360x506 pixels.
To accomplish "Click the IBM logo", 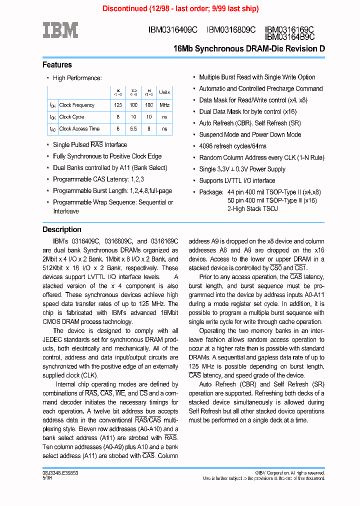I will point(60,30).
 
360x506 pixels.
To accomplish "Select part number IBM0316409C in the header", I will point(173,30).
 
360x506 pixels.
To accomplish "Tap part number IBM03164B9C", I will point(289,37).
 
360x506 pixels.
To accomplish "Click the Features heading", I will point(57,65).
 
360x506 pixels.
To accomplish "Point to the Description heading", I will point(62,229).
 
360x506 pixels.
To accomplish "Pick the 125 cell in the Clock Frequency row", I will point(118,105).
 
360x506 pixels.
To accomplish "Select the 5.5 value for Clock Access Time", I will point(133,128).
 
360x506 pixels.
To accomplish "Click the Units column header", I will point(164,92).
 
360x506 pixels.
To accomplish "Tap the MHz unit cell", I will point(164,105).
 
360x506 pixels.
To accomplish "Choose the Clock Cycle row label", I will point(71,117).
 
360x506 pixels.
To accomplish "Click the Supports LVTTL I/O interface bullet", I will point(237,180).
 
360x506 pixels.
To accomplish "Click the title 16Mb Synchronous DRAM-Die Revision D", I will point(248,49).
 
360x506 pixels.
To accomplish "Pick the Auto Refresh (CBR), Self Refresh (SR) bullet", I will point(250,123).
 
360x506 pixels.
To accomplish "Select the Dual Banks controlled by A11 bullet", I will point(110,168).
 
